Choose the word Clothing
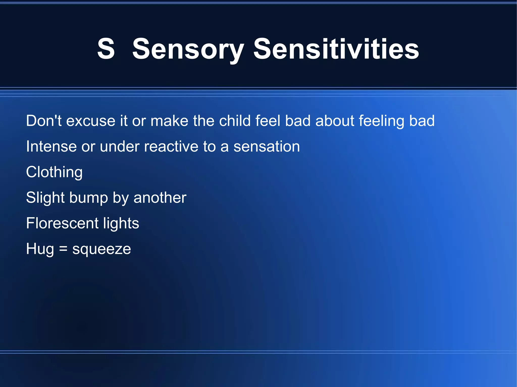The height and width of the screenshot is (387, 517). [54, 172]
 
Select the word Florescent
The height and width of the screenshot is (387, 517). [62, 223]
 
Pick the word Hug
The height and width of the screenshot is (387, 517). [40, 249]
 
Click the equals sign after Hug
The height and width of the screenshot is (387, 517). [63, 249]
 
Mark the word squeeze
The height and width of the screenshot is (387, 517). [101, 249]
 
